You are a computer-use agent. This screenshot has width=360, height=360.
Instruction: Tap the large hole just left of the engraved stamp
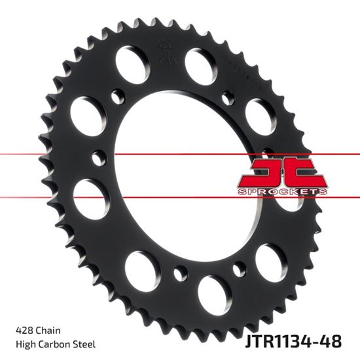[129, 63]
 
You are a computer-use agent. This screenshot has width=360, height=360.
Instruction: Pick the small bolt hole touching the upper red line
[99, 157]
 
